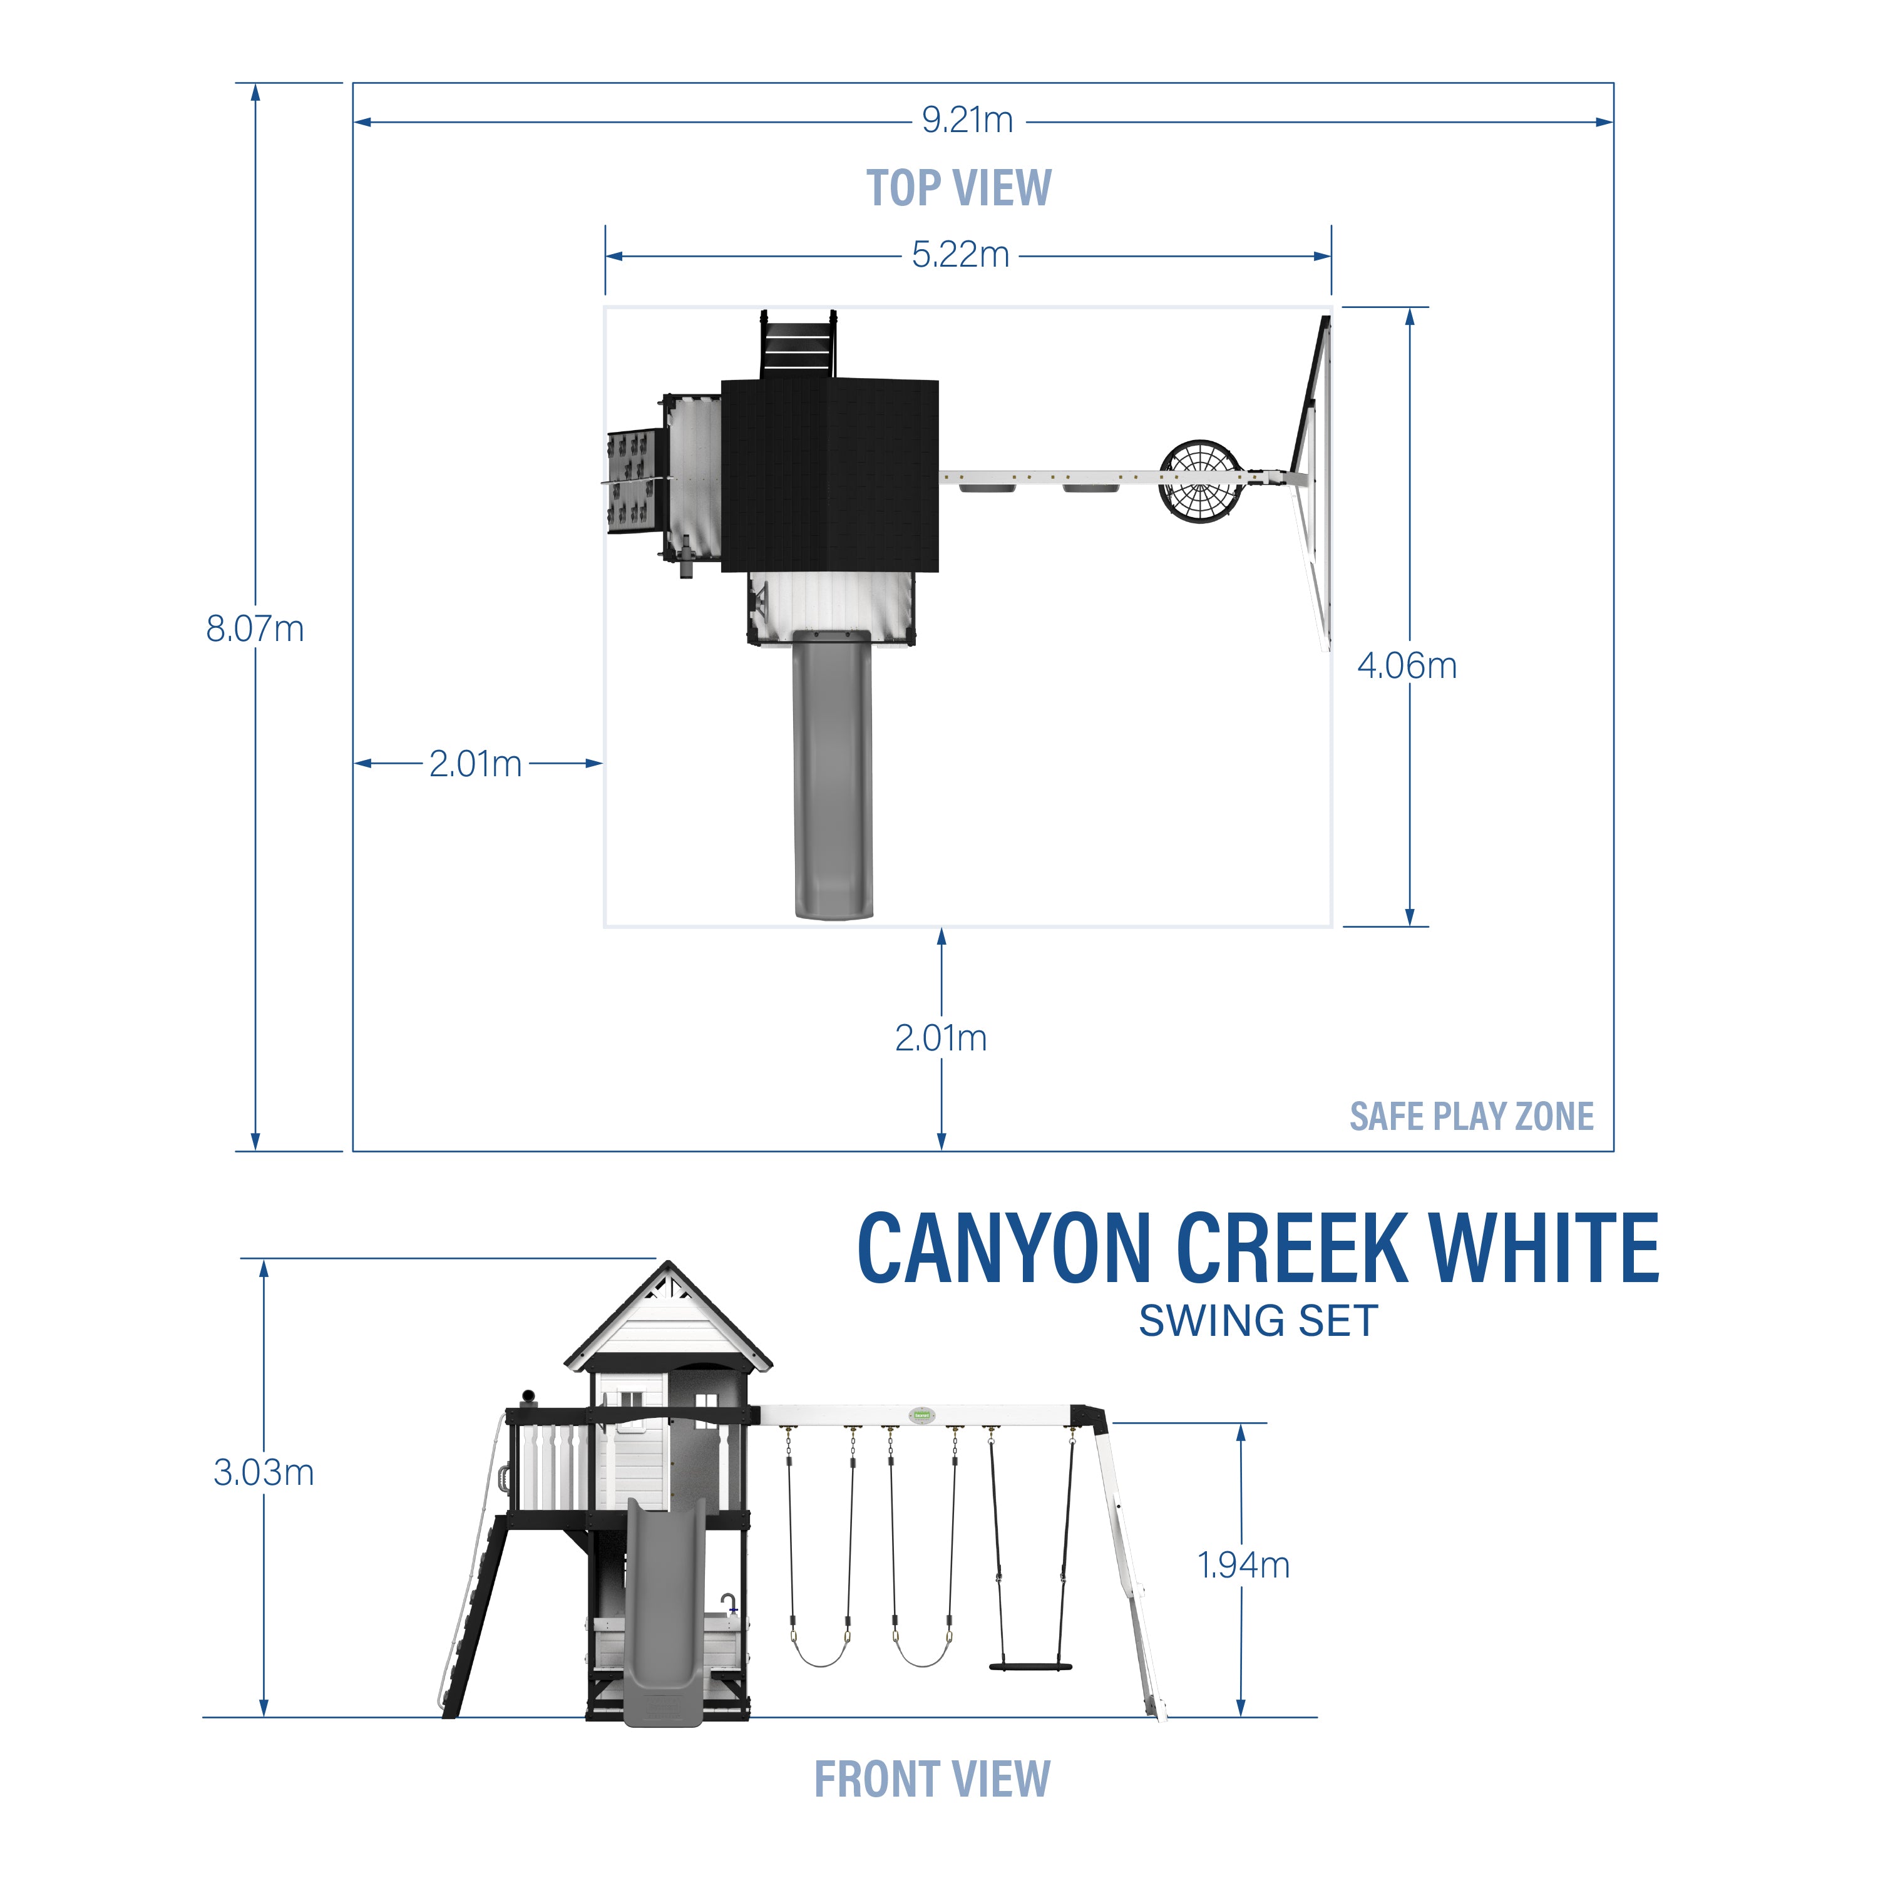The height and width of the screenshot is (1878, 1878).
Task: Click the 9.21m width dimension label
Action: (x=967, y=121)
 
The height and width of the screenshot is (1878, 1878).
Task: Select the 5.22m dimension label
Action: (x=960, y=255)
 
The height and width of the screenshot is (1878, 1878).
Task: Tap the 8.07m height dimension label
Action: (x=255, y=629)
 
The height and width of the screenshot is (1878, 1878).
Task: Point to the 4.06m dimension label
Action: (x=1407, y=666)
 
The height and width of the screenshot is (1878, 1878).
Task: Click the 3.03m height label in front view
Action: (x=264, y=1472)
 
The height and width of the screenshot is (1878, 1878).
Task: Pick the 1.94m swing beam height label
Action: (x=1243, y=1565)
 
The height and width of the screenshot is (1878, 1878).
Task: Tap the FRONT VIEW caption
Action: (x=932, y=1780)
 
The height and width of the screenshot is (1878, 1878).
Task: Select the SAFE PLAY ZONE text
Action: (x=1470, y=1116)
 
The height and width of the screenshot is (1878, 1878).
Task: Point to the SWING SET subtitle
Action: (x=1258, y=1321)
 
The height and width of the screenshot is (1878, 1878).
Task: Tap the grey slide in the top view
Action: (x=833, y=777)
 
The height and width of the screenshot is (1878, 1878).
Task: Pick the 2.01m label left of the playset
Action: (x=475, y=764)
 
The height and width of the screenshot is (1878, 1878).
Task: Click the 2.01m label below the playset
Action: (x=941, y=1038)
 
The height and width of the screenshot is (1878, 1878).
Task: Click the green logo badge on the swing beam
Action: (x=920, y=1415)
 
